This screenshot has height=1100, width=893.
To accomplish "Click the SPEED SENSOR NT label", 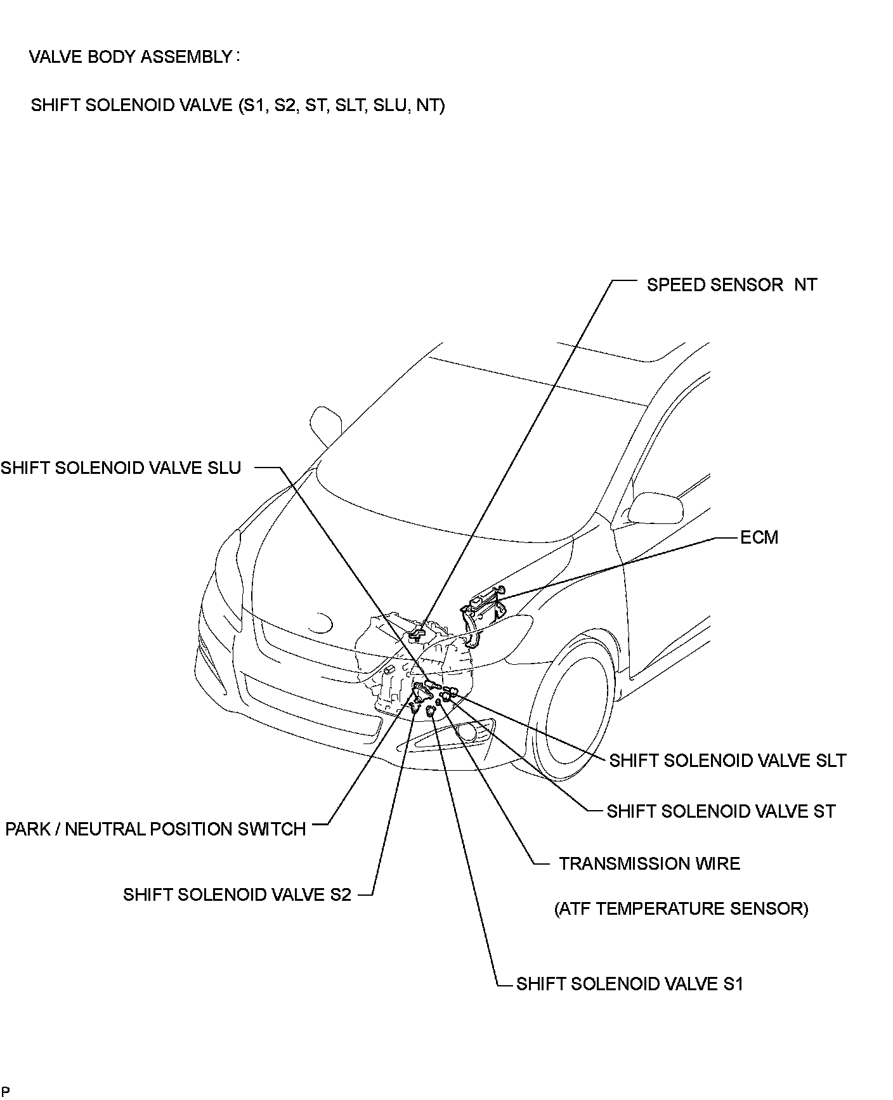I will [731, 285].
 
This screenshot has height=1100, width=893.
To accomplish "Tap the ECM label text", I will [759, 537].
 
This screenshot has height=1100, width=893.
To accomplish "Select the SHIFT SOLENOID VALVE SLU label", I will [121, 468].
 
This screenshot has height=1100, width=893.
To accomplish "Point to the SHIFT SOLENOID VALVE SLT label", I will [727, 760].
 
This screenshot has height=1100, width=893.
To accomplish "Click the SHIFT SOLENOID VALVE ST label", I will [720, 811].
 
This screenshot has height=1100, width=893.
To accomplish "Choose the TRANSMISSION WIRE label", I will [649, 863].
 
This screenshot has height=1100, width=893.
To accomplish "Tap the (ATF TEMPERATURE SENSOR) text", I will [681, 909].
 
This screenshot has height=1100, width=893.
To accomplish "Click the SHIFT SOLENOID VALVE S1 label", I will [629, 984].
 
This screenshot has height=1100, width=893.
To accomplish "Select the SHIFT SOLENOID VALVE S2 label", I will [237, 894].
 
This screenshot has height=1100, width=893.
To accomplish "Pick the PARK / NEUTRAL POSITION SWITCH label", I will [155, 829].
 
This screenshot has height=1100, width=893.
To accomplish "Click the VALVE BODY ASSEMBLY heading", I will [131, 57].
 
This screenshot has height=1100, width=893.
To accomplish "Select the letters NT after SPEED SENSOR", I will [805, 285].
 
